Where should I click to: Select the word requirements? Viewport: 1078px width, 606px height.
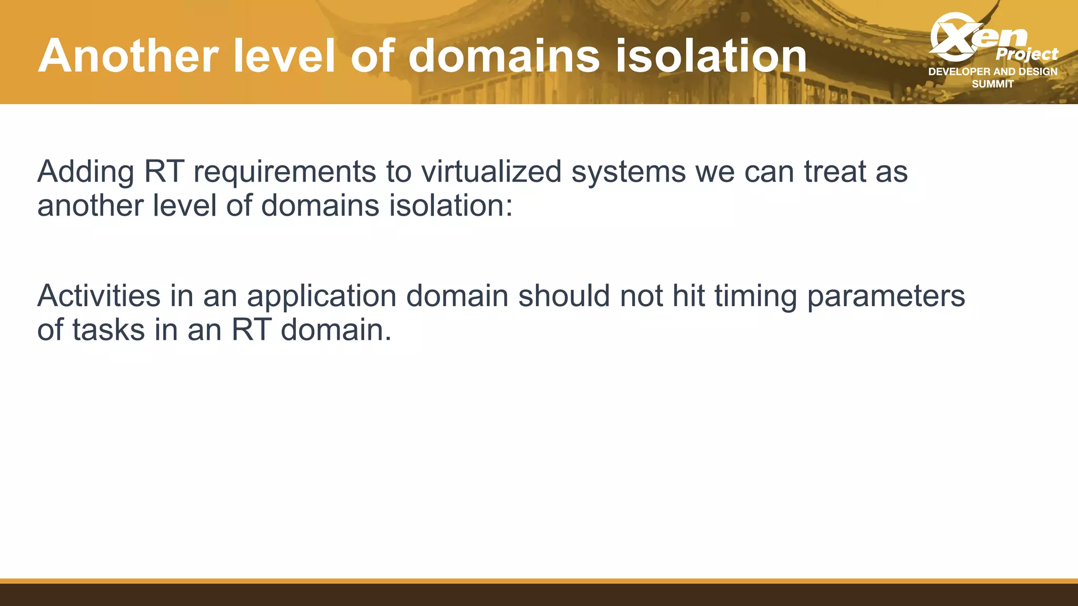pyautogui.click(x=285, y=173)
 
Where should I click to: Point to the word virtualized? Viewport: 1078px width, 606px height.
pyautogui.click(x=492, y=171)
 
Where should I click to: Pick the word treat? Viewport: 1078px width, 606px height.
pyautogui.click(x=835, y=171)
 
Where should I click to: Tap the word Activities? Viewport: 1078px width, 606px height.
pyautogui.click(x=98, y=296)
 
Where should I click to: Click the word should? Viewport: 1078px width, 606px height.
pyautogui.click(x=564, y=296)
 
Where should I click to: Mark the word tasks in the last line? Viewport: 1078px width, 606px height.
pyautogui.click(x=108, y=330)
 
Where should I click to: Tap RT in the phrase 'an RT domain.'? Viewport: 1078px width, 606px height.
pyautogui.click(x=251, y=330)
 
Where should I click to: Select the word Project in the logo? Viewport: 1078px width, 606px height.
pyautogui.click(x=1026, y=54)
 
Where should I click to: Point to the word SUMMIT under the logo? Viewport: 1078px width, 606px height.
pyautogui.click(x=993, y=84)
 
